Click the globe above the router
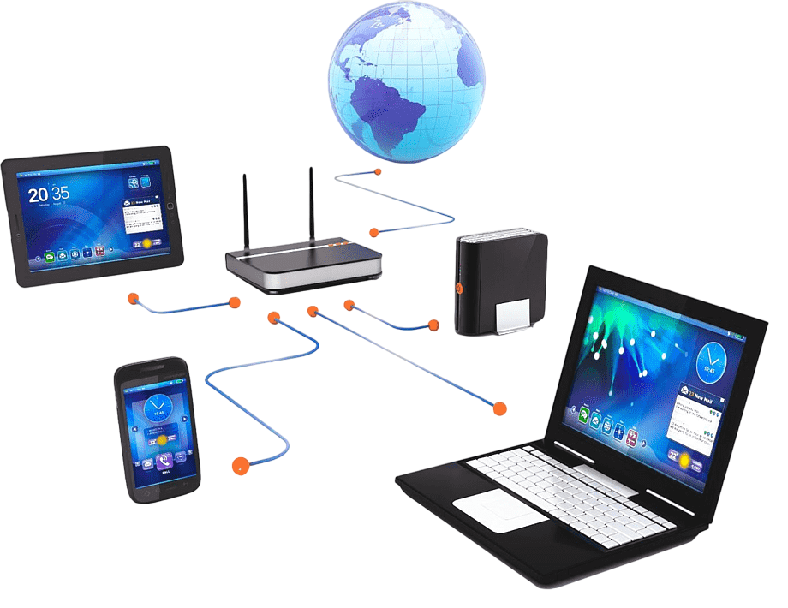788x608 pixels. (406, 79)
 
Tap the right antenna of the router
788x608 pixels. (311, 206)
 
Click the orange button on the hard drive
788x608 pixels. (459, 288)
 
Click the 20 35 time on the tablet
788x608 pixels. (49, 194)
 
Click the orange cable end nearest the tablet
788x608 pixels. (132, 299)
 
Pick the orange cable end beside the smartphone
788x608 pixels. (240, 465)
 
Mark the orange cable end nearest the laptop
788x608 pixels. (499, 408)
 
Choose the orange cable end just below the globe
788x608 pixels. (377, 173)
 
